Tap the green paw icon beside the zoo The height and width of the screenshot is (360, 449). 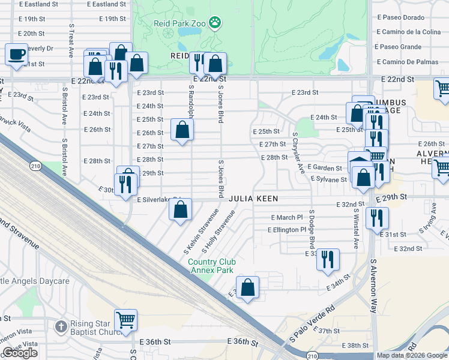coord(215,23)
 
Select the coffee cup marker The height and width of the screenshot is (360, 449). coord(17,55)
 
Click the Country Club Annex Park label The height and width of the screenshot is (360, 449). coord(212,266)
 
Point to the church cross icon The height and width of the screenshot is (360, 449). coord(60,327)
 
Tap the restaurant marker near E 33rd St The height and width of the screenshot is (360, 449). coord(328,259)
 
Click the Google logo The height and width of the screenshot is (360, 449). coord(20,353)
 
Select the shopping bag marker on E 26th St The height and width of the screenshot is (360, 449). coord(182,129)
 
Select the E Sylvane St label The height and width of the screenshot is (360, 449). coord(328,179)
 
